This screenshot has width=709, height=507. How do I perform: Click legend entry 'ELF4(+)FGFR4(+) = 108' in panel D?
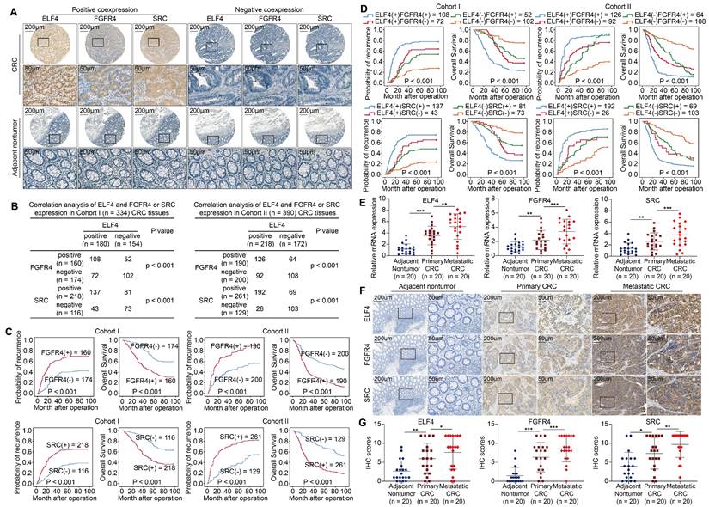pyautogui.click(x=401, y=17)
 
